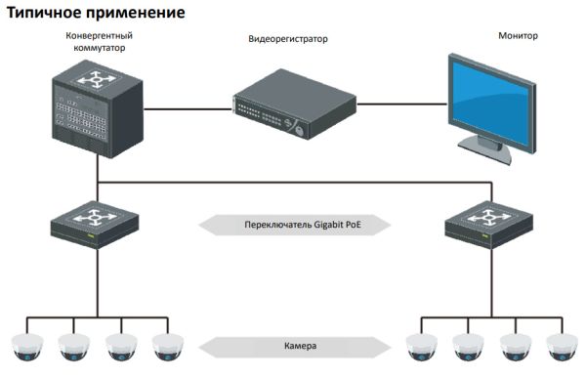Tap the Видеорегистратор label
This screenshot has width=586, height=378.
pyautogui.click(x=286, y=40)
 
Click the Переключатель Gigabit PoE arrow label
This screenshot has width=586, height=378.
pyautogui.click(x=294, y=225)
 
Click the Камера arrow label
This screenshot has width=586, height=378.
pyautogui.click(x=294, y=346)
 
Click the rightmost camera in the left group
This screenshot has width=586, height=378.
pyautogui.click(x=168, y=347)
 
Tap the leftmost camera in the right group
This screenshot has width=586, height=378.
pyautogui.click(x=419, y=347)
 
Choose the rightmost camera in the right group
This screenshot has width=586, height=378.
pyautogui.click(x=562, y=347)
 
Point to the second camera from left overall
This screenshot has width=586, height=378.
pyautogui.click(x=73, y=347)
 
